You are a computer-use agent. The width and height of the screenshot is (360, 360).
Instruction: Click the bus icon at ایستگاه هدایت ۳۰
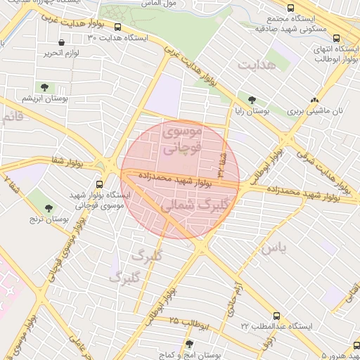(x=117, y=28)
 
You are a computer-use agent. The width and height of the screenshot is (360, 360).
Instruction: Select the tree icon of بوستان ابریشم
(x=44, y=88)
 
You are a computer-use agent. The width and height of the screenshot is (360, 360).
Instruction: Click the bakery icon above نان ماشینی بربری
(x=314, y=100)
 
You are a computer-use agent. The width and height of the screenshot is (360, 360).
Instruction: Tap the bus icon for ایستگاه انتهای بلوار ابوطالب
(x=335, y=39)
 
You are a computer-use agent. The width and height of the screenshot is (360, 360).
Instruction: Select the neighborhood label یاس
(x=274, y=248)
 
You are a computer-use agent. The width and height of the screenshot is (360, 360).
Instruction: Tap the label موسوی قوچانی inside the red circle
(x=182, y=139)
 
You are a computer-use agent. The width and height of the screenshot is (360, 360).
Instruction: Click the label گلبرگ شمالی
(x=191, y=205)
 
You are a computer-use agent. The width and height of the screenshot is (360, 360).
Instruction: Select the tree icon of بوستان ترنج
(x=49, y=208)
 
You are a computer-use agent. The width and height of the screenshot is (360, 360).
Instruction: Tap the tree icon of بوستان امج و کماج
(x=188, y=344)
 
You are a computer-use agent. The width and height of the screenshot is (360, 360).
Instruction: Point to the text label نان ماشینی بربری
(x=319, y=111)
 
